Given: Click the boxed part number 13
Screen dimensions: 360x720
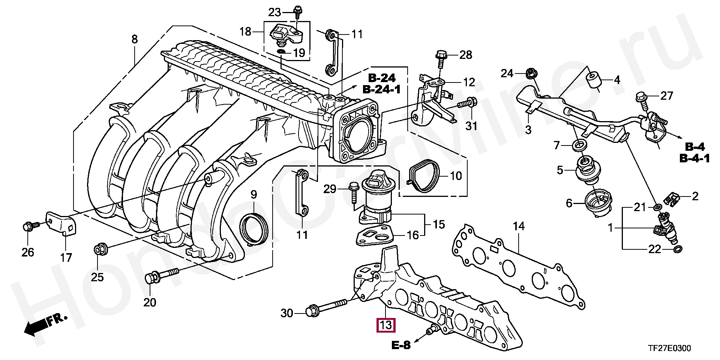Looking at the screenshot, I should [x=386, y=324].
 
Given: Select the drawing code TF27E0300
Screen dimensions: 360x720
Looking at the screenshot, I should [x=670, y=349].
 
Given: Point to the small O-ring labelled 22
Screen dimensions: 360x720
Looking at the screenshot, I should [x=678, y=249].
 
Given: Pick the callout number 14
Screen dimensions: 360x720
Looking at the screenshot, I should [x=519, y=226].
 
